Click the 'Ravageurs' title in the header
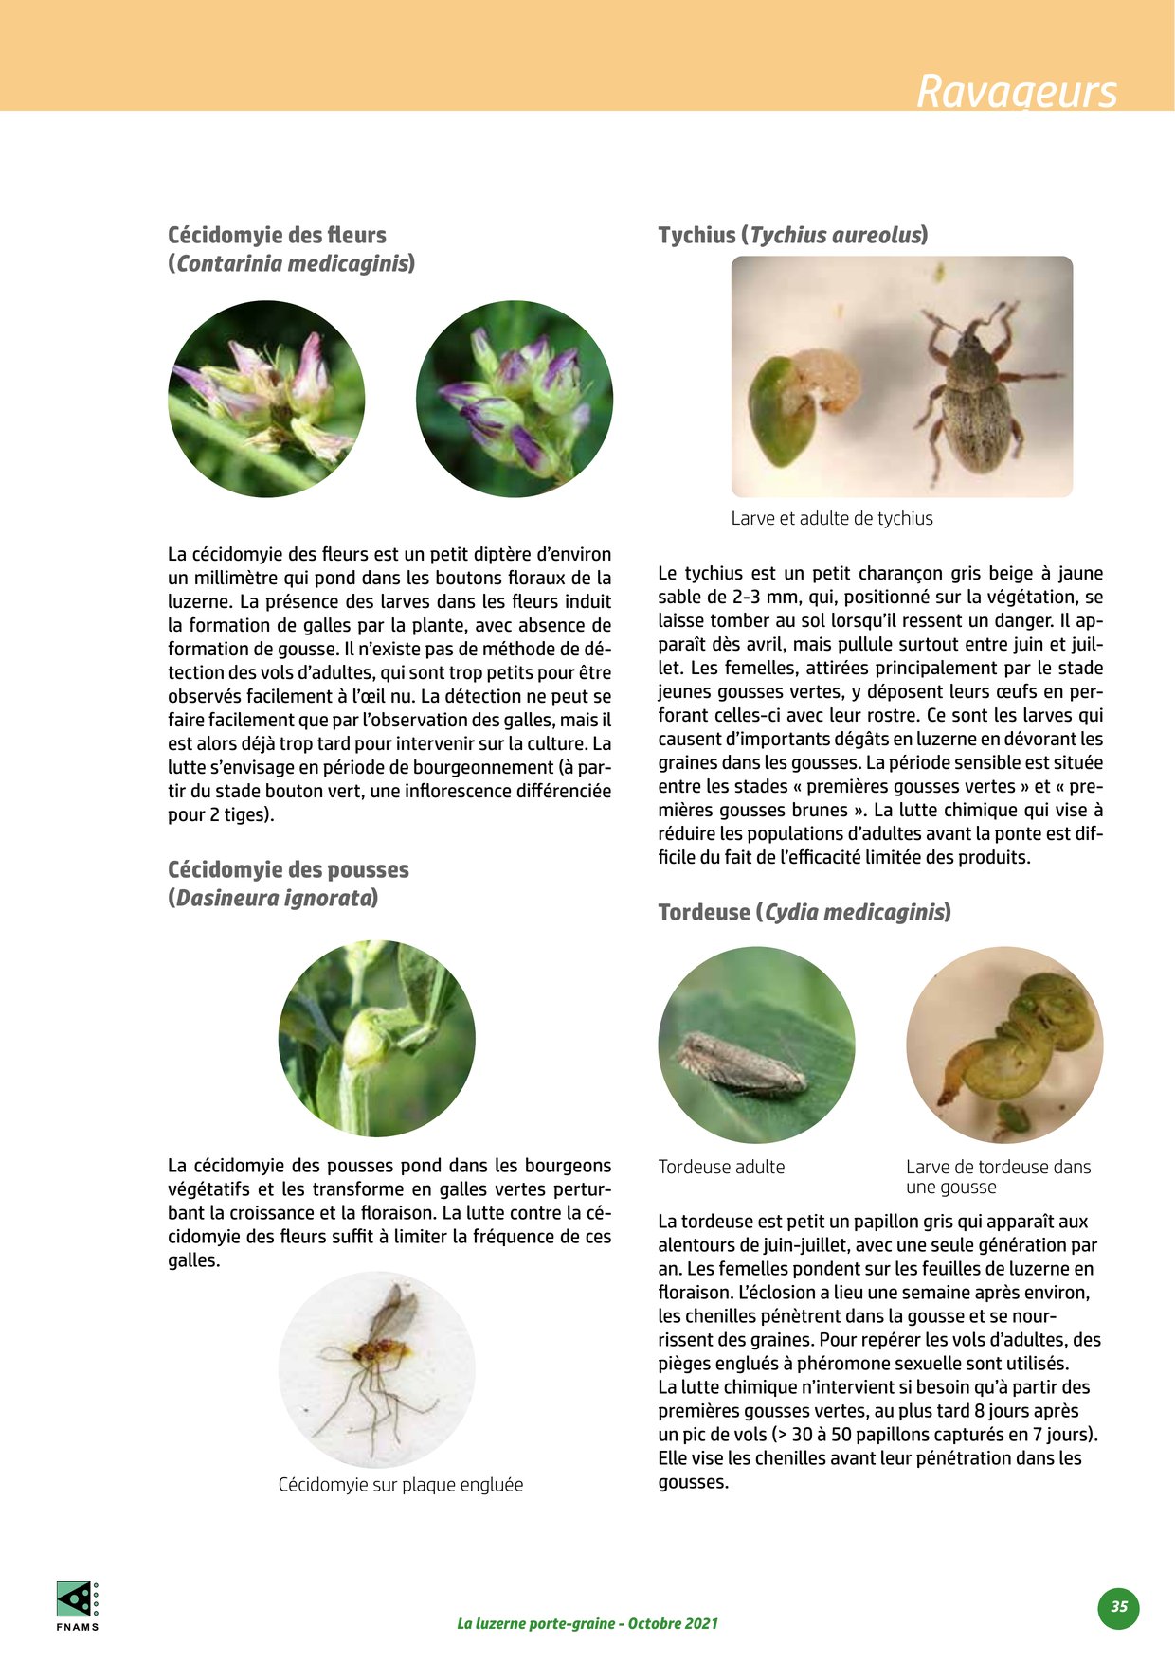point(1016,91)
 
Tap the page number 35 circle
point(1119,1607)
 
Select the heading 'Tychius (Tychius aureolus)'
point(792,235)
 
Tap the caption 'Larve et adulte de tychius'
point(831,518)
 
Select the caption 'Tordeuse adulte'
point(721,1167)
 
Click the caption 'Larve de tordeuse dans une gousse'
point(998,1176)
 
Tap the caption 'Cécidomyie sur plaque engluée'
point(400,1484)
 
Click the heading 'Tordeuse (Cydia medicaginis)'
point(804,912)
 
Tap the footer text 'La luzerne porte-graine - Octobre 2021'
point(587,1623)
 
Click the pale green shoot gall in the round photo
point(365,1039)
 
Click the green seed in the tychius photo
point(781,412)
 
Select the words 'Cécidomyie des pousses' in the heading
point(288,869)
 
